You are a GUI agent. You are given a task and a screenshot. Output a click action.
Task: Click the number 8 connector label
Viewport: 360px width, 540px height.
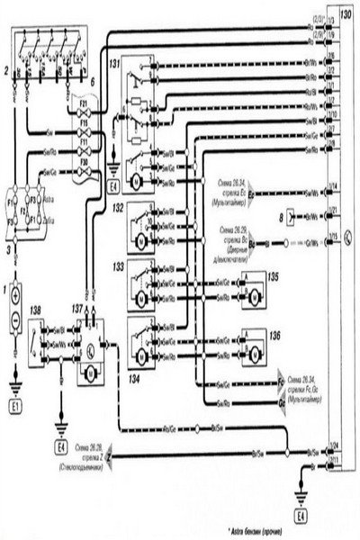281,219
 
